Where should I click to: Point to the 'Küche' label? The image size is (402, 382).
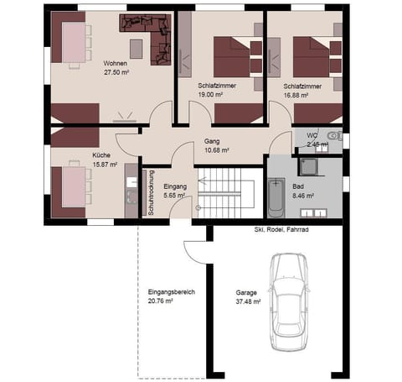click(x=101, y=155)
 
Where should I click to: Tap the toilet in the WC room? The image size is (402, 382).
click(x=334, y=136)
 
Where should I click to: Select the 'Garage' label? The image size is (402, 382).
click(x=247, y=293)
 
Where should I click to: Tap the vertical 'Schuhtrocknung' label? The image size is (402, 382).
click(x=151, y=194)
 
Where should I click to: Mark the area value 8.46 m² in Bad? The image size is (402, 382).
click(x=303, y=196)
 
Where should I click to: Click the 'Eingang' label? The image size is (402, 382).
click(x=175, y=186)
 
